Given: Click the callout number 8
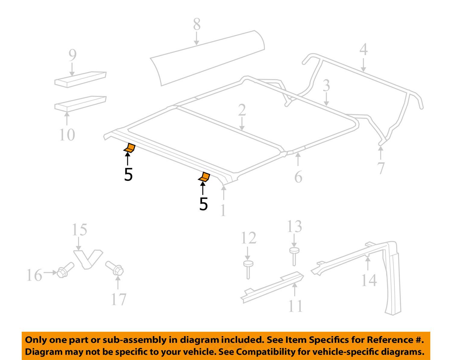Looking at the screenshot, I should click(196, 24).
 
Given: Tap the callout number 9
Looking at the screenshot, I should click(72, 55).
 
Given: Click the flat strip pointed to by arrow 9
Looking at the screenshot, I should click(80, 79).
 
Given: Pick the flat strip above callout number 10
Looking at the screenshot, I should click(80, 103).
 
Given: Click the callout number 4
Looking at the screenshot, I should click(363, 50).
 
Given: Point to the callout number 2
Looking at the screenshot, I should click(242, 110).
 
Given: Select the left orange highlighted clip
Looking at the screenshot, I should click(130, 148).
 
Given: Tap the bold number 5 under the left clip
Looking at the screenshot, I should click(128, 175).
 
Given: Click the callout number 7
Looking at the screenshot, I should click(381, 168).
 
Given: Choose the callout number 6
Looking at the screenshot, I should click(298, 177).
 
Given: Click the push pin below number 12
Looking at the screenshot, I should click(248, 269).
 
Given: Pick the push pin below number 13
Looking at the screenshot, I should click(294, 256).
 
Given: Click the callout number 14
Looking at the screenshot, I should click(369, 280).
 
